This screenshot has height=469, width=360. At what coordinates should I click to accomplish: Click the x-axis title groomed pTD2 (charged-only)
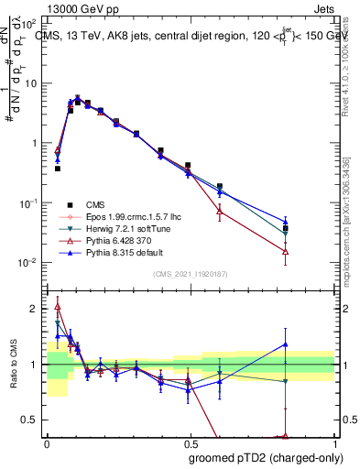pyautogui.click(x=266, y=457)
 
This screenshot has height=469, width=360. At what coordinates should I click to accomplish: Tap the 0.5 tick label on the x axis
pyautogui.click(x=190, y=443)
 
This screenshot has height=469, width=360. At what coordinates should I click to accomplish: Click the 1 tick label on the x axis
pyautogui.click(x=333, y=443)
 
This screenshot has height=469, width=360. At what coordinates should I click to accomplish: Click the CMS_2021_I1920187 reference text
pyautogui.click(x=190, y=274)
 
